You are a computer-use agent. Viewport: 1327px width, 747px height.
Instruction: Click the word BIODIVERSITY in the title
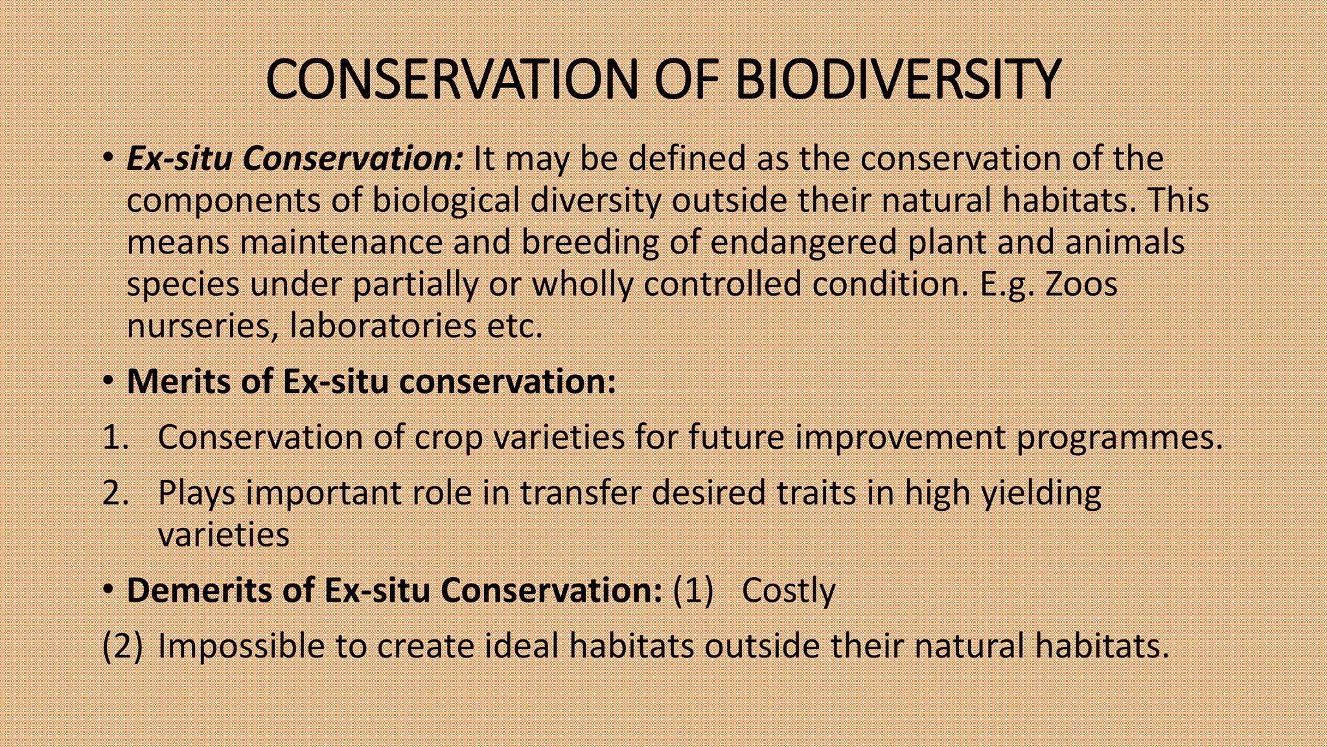click(x=897, y=79)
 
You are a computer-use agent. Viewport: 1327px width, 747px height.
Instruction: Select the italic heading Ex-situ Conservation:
click(x=295, y=159)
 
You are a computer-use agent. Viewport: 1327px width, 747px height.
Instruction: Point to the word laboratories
click(x=383, y=326)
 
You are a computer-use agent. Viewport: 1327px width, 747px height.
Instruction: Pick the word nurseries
click(x=202, y=326)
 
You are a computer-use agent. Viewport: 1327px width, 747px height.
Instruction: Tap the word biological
click(x=446, y=200)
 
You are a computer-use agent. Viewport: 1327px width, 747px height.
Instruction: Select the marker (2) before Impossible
click(x=122, y=646)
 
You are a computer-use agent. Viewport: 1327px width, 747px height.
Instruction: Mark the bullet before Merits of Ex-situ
click(x=108, y=381)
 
